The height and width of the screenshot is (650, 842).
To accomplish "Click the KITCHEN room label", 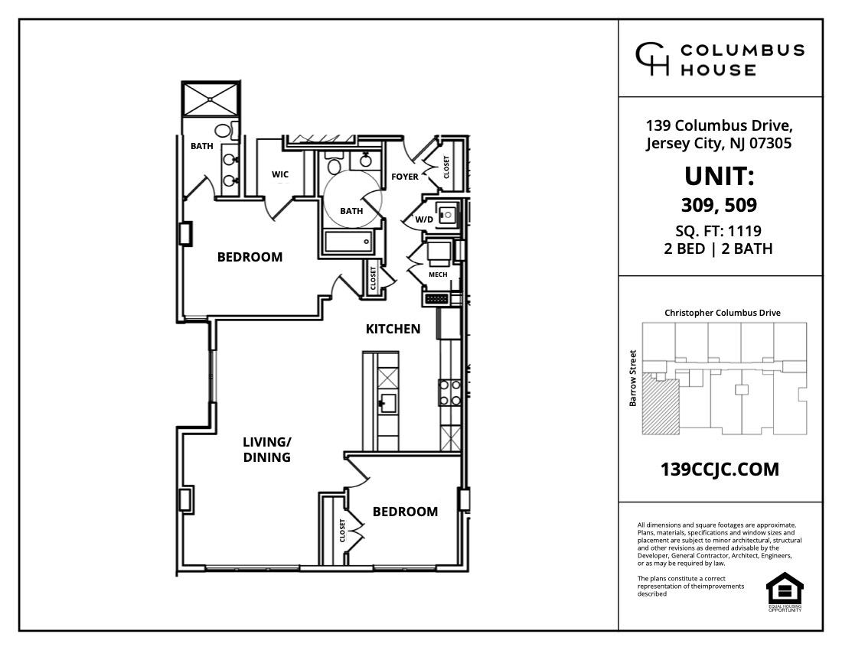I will (393, 329).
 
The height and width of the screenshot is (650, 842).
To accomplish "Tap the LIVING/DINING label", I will (266, 450).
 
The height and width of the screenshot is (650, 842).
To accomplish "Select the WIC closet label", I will (280, 174).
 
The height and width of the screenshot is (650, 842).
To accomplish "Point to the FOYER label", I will (405, 177).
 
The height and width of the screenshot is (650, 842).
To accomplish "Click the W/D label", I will (424, 219).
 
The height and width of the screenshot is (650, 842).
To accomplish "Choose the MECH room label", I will (438, 275).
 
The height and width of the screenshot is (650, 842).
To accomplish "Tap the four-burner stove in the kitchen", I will (449, 392).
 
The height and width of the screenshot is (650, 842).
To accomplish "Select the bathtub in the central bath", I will (348, 242).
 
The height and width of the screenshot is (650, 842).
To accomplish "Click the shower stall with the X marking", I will (210, 98).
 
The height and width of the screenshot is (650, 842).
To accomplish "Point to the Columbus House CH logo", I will (653, 59).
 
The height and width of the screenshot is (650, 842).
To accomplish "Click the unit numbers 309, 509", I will (719, 205).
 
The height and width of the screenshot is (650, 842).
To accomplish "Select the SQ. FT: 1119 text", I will (719, 231).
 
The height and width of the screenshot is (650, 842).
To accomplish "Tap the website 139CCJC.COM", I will (720, 470).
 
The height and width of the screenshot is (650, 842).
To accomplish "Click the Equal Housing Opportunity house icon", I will (785, 588).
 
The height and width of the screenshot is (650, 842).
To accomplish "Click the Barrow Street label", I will (633, 378).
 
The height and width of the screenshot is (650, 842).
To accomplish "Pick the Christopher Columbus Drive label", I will (723, 313).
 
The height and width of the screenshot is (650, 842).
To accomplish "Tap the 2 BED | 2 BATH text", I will (719, 249).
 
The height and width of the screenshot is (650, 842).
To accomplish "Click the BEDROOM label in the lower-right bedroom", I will (405, 512).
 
